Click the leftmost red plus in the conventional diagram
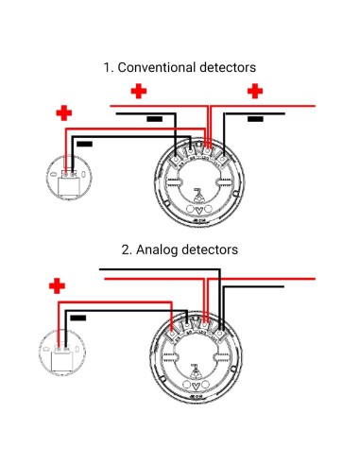coord(63,113)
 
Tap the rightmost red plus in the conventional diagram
coord(254,91)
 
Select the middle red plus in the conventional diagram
coord(139,91)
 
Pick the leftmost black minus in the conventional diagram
coord(84,144)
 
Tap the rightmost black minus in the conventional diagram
coord(255,119)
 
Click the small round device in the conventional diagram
coord(67,181)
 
